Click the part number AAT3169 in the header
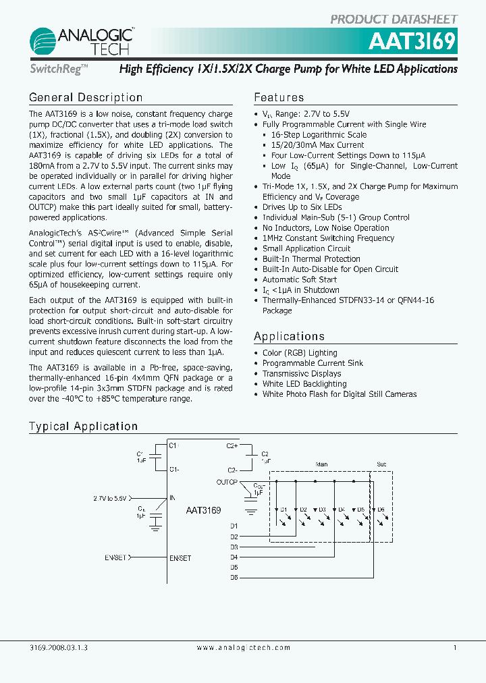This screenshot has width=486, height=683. [x=412, y=42]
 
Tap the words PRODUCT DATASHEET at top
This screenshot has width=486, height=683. [x=394, y=20]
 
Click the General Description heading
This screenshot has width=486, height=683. [x=86, y=98]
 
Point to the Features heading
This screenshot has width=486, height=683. [x=279, y=98]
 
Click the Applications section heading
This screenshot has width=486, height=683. [x=289, y=336]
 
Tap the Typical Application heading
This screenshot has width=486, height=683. [x=83, y=427]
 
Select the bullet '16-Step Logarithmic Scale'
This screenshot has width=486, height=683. [x=319, y=134]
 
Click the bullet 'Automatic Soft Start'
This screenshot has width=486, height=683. [x=300, y=279]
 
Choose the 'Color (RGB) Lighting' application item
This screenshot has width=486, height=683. [x=300, y=353]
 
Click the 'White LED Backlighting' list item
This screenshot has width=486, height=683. [x=304, y=384]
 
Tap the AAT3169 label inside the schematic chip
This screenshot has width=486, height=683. [x=203, y=511]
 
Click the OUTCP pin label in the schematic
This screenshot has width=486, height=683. [x=227, y=482]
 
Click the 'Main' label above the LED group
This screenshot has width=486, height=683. [x=321, y=464]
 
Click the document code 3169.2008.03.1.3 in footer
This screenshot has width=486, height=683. [x=59, y=647]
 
